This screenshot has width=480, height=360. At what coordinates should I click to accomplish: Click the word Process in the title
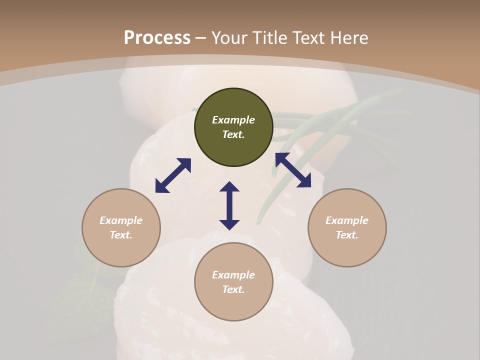point(157,38)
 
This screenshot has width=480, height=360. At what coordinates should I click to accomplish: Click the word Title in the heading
point(270,38)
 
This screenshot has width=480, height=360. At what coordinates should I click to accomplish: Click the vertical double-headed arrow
point(229,205)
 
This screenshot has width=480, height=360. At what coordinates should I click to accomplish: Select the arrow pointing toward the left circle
point(173,175)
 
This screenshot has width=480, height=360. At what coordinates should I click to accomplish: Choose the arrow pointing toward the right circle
point(293,170)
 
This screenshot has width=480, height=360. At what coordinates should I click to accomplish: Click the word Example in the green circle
point(233,120)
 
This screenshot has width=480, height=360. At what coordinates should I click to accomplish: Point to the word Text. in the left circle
point(121,235)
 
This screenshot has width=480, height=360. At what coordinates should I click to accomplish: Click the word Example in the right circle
point(347,220)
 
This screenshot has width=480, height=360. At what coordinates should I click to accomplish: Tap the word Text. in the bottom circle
point(233,289)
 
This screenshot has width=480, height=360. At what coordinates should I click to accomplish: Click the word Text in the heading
point(307,38)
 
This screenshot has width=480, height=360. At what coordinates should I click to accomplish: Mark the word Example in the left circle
point(121,220)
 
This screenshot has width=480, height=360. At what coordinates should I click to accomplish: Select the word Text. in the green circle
point(233,134)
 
